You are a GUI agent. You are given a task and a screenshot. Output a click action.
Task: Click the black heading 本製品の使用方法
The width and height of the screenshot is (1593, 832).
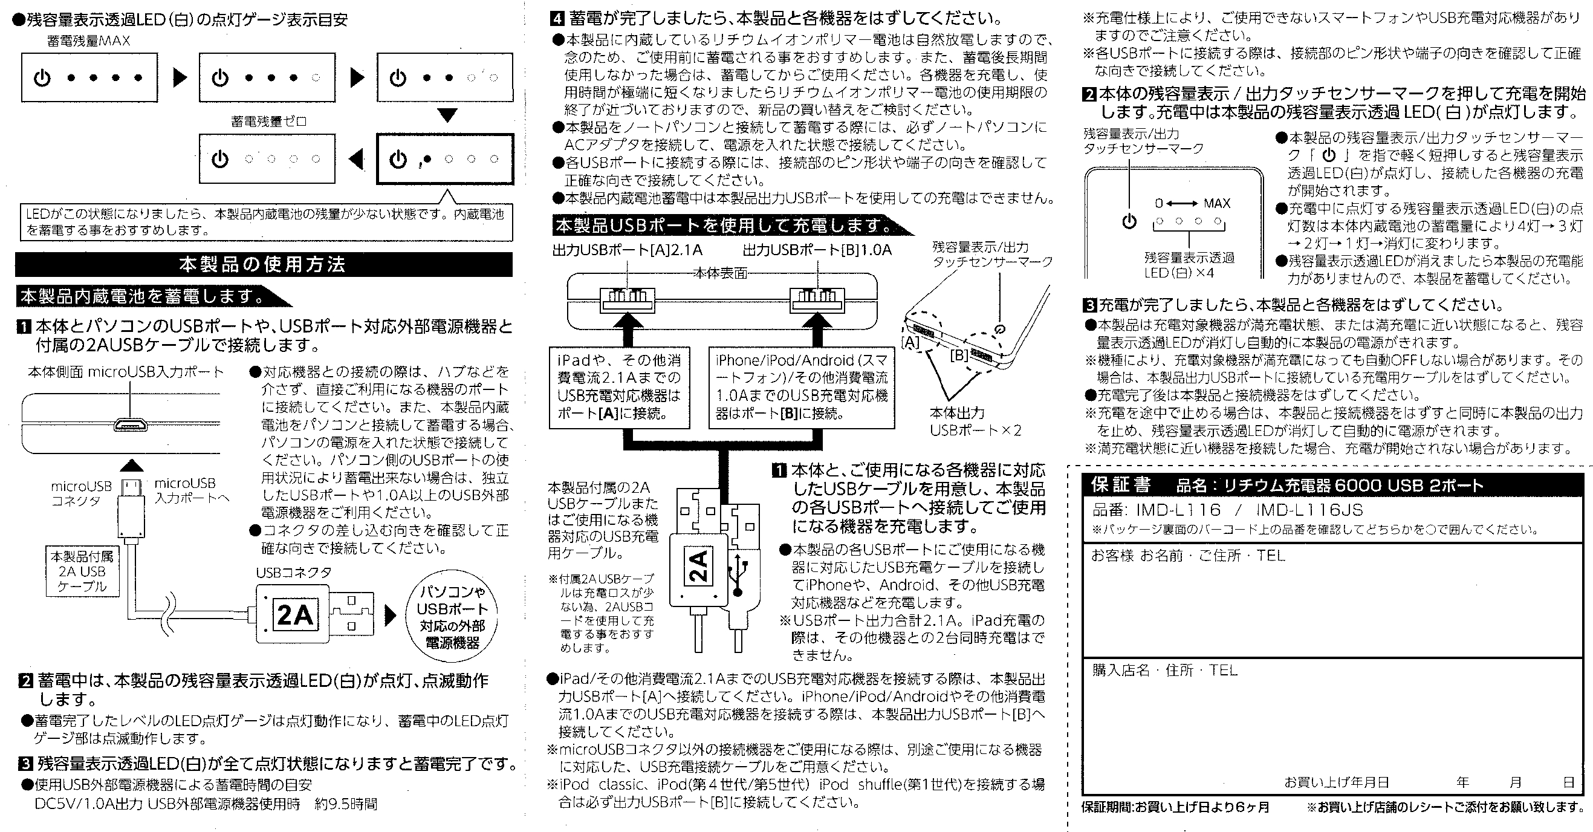point(262,265)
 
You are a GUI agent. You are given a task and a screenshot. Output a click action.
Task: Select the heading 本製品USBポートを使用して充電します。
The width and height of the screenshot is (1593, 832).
point(724,225)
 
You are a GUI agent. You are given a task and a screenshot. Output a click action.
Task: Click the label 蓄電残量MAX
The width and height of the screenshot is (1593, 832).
point(88,42)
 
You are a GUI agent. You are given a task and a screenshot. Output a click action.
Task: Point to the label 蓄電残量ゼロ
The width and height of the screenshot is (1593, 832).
point(268,122)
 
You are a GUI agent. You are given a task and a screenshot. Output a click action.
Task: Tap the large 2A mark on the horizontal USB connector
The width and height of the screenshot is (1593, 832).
point(294,615)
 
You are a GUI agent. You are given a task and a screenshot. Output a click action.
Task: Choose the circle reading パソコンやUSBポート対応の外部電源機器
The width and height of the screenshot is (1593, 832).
point(452,617)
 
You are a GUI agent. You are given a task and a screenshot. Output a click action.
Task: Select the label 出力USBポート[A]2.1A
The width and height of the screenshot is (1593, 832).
point(627,250)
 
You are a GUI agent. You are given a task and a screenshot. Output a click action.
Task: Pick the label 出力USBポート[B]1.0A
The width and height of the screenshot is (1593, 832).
point(817,250)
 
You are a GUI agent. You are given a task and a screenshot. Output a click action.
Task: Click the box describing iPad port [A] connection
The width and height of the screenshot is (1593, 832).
point(619,387)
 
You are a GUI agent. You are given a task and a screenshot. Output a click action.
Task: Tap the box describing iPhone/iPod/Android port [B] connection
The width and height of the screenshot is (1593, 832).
point(802,387)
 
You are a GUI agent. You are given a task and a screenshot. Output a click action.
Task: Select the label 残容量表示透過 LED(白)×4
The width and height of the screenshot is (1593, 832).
point(1189,265)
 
